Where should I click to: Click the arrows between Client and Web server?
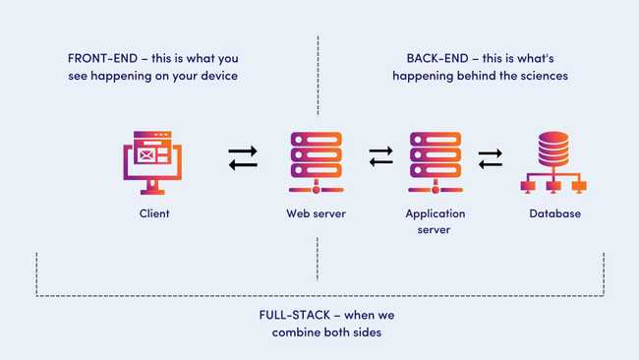pos(243,157)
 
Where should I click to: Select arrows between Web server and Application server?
pos(381,157)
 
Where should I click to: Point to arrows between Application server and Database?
pos(490,157)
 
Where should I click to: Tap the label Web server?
pos(316,212)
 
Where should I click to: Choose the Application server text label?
pos(435,220)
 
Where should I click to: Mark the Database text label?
pos(555,212)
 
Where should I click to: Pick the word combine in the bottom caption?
pos(296,332)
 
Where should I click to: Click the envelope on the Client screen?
pos(147,154)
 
